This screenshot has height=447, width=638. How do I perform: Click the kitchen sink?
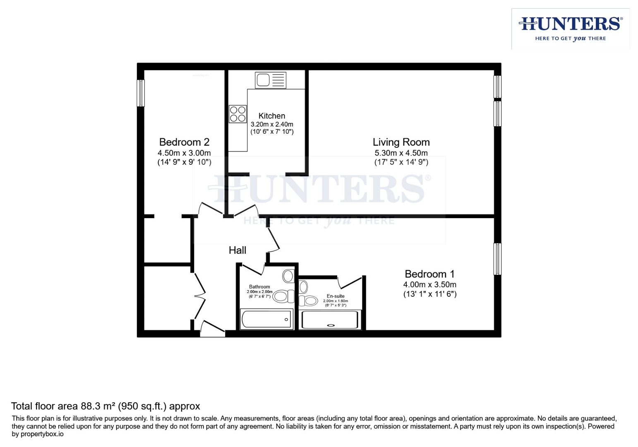tap(271, 80)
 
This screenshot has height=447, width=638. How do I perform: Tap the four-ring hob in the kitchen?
tap(237, 114)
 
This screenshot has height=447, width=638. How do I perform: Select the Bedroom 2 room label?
tap(184, 142)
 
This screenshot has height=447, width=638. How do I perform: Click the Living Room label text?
tap(401, 142)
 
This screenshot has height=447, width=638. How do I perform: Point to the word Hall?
tap(237, 250)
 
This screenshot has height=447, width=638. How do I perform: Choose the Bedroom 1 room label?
tap(429, 274)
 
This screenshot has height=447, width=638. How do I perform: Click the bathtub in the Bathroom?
tap(266, 319)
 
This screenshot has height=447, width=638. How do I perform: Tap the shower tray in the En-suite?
tap(330, 320)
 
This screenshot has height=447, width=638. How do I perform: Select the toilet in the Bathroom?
tap(283, 296)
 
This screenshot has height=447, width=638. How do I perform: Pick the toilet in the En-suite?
tap(309, 300)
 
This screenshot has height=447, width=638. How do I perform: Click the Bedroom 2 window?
tap(141, 93)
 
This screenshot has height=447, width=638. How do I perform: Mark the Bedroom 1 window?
tap(497, 259)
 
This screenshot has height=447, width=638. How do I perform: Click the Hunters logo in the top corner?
tap(570, 29)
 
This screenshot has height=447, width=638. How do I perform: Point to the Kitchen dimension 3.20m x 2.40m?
tap(272, 124)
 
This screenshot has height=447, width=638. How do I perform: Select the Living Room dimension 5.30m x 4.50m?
tap(401, 153)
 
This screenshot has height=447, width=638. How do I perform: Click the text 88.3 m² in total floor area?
tap(98, 406)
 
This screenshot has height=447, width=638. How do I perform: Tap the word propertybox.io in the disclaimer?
tap(42, 434)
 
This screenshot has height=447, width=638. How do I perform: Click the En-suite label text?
tap(336, 296)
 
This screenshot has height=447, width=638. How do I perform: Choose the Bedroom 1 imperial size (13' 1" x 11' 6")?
tap(430, 294)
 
